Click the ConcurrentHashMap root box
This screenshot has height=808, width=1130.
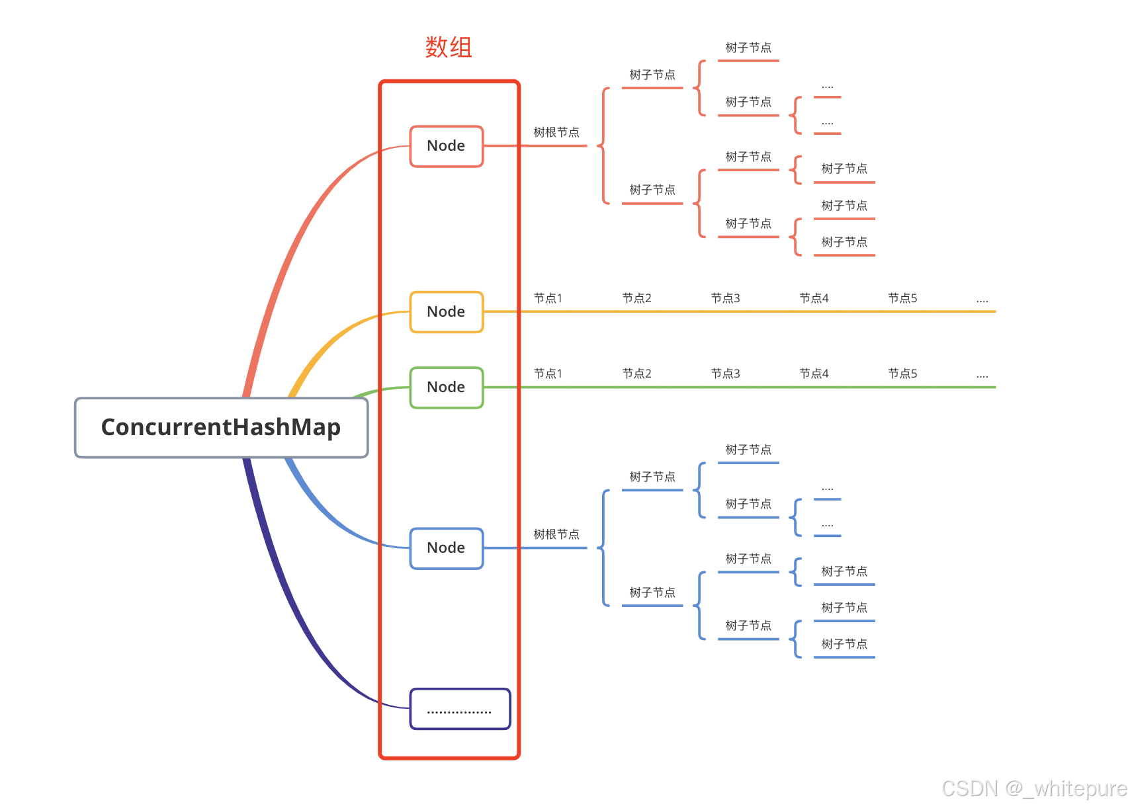(x=221, y=427)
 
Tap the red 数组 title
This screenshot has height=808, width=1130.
(x=448, y=48)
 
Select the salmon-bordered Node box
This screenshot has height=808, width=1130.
(x=446, y=146)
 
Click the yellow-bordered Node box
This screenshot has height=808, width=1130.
(x=446, y=312)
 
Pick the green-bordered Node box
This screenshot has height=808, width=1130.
(x=446, y=387)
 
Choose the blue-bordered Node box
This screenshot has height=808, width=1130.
(x=446, y=548)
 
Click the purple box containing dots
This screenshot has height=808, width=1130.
(x=460, y=709)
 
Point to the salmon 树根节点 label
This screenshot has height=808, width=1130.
(x=556, y=133)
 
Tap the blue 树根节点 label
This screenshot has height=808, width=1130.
(x=556, y=534)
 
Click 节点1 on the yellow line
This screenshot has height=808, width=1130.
(x=548, y=299)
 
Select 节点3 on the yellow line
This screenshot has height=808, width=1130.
(x=725, y=299)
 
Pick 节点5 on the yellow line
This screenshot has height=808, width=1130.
(x=902, y=299)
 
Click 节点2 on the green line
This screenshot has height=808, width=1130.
(x=636, y=374)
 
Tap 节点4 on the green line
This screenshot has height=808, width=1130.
(x=814, y=374)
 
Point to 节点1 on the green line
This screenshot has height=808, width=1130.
(x=548, y=374)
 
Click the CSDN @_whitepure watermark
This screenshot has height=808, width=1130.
(x=1033, y=788)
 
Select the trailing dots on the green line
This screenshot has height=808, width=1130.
(x=982, y=376)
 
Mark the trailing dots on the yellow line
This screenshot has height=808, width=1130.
(x=982, y=300)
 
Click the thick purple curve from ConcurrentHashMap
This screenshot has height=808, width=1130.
(x=278, y=582)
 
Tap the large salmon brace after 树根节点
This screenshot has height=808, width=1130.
(x=603, y=145)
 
